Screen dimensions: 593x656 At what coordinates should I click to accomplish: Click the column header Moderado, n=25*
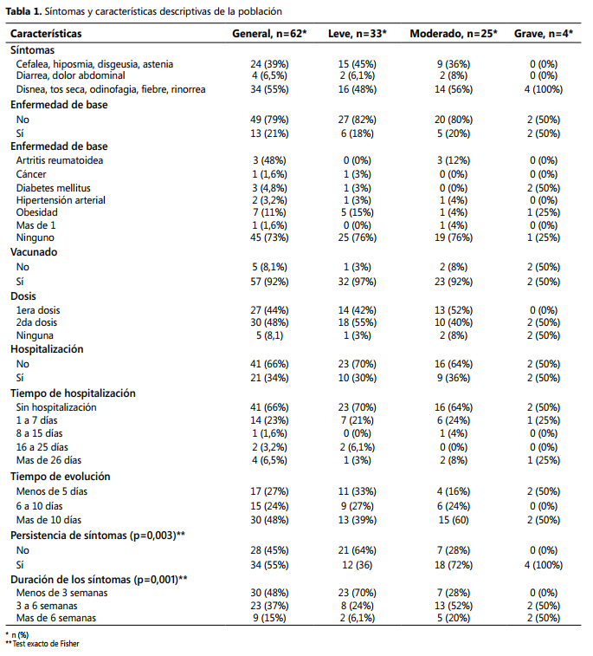(454, 34)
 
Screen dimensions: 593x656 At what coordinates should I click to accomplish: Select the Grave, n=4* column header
(544, 34)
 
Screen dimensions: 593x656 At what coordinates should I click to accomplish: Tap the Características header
(46, 34)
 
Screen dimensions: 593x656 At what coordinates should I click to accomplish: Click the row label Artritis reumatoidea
(60, 160)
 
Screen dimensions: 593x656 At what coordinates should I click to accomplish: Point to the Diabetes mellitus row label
(53, 188)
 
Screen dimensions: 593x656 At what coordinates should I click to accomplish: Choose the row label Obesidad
(36, 212)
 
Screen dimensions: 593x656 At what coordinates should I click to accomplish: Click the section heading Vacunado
(34, 252)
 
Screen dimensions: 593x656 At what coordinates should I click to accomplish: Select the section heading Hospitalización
(47, 349)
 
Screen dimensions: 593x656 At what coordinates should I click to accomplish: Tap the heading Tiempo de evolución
(61, 477)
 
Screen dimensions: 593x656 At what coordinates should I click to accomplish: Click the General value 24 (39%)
(269, 64)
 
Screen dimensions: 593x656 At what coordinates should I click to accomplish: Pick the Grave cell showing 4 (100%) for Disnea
(544, 89)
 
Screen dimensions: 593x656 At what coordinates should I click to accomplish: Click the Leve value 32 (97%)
(358, 282)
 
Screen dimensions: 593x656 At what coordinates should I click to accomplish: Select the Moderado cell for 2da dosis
(454, 322)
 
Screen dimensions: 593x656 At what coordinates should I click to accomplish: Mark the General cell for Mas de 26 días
(269, 460)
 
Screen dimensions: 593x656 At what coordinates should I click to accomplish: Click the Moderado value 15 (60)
(454, 520)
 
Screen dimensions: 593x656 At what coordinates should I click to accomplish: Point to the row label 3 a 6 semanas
(47, 606)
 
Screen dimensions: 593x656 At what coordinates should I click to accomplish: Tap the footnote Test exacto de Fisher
(46, 644)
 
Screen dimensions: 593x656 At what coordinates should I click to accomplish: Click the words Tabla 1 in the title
(23, 12)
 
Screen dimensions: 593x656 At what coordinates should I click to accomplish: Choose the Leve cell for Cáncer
(358, 174)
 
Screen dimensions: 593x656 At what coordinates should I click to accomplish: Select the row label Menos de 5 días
(52, 491)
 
